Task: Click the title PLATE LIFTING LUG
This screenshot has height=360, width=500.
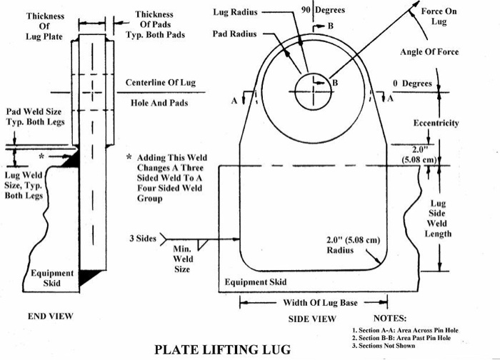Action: [222, 349]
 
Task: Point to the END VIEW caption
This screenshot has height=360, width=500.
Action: [50, 315]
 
